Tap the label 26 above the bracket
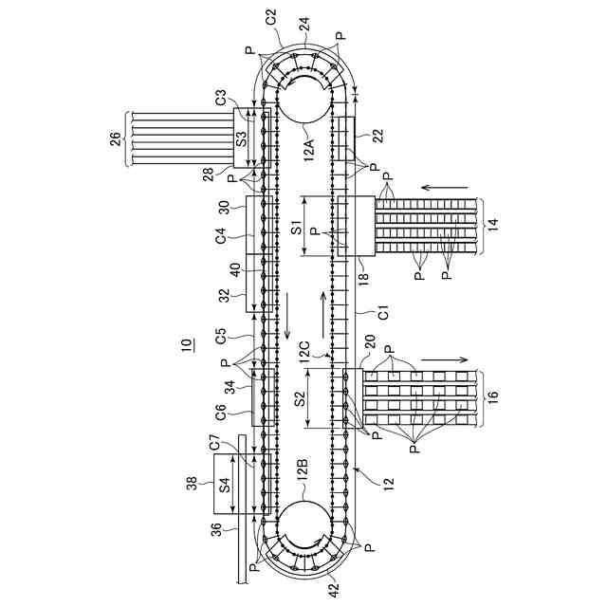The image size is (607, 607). (115, 140)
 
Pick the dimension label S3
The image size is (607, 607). (241, 140)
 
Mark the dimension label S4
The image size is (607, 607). (224, 484)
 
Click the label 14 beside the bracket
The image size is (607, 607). (491, 226)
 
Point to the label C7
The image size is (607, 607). (215, 442)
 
